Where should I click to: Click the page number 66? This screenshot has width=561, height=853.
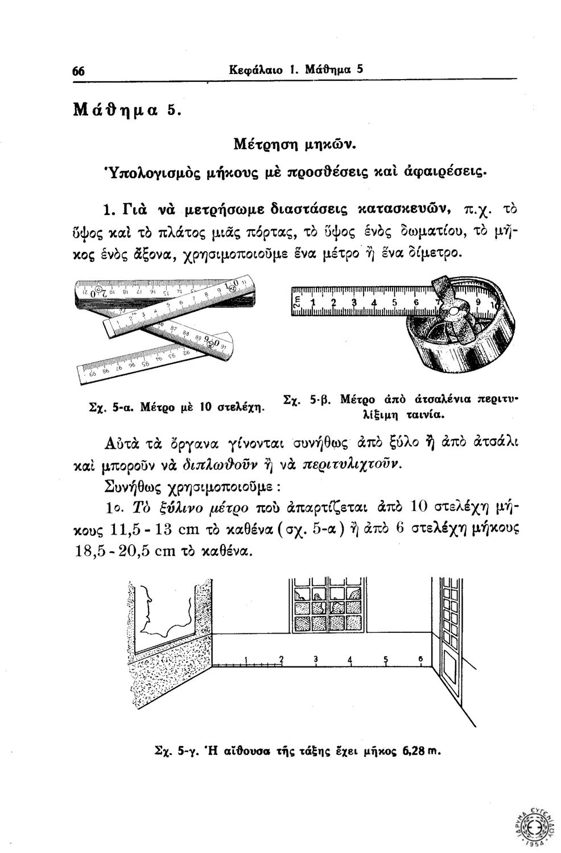pos(79,72)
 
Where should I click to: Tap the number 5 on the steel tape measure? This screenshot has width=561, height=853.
pos(394,303)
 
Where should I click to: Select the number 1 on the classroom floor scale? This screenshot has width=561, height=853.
pos(245,660)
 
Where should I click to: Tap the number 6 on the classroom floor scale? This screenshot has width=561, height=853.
pos(419,659)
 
